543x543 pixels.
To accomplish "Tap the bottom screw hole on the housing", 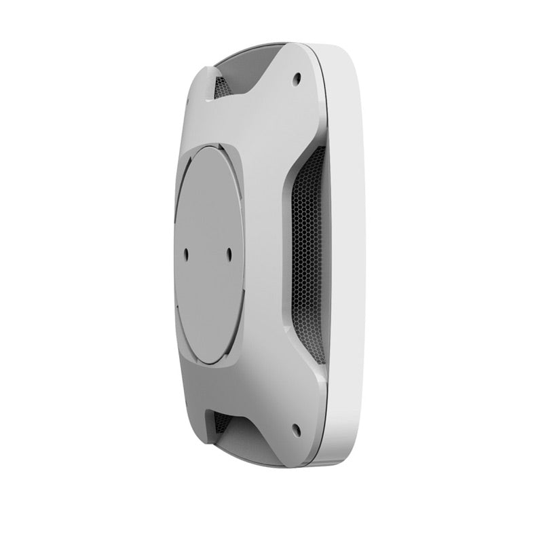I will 297,428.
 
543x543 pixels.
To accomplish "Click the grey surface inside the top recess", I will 251,64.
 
